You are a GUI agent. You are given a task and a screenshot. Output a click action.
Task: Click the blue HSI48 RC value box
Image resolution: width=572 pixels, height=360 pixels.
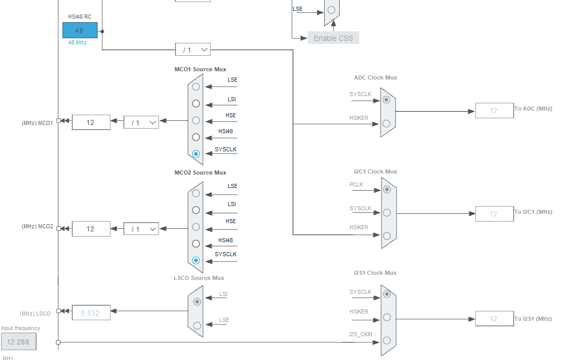[80, 30]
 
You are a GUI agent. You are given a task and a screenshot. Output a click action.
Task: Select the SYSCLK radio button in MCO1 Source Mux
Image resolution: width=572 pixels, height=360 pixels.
[196, 154]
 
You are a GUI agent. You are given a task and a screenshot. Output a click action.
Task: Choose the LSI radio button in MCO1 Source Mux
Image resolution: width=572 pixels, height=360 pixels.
[196, 104]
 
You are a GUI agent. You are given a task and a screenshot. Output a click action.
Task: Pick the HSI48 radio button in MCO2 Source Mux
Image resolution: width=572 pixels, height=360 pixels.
[196, 244]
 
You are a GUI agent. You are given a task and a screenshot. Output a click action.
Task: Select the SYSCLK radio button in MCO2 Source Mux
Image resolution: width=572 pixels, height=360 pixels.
[196, 260]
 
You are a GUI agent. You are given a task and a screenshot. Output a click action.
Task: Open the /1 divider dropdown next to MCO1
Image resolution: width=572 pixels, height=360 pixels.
[141, 122]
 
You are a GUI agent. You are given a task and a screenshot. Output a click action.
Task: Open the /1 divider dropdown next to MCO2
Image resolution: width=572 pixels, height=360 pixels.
[141, 229]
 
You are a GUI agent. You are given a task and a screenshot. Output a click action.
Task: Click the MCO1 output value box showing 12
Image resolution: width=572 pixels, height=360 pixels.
[91, 122]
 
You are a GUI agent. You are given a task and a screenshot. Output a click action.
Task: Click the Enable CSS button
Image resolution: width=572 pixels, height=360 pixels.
[333, 38]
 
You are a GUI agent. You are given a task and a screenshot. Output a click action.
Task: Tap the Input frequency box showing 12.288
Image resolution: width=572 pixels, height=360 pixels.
[19, 342]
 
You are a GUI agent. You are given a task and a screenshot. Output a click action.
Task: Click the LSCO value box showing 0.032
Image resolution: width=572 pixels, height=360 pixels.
[91, 313]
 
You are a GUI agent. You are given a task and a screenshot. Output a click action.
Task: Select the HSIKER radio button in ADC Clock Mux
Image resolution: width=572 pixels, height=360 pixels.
[386, 124]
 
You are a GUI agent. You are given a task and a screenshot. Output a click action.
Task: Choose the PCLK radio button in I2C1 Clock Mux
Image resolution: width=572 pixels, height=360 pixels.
[387, 190]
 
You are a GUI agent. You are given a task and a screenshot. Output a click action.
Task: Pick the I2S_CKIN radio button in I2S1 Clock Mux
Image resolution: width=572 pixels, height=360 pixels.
[387, 341]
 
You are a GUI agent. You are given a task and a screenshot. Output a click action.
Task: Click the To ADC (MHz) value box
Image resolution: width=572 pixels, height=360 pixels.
[495, 111]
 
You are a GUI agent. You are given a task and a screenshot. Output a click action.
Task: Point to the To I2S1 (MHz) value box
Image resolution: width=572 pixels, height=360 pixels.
[495, 319]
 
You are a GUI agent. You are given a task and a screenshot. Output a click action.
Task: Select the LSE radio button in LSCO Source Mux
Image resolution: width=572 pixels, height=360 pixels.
[197, 325]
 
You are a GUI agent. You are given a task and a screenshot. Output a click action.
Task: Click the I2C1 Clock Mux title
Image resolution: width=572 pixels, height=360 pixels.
[375, 171]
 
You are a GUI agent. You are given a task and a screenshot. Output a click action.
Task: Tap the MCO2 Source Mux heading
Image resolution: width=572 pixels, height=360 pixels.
[200, 173]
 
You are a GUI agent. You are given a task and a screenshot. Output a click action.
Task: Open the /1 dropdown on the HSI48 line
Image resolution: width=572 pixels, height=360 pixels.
[193, 50]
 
